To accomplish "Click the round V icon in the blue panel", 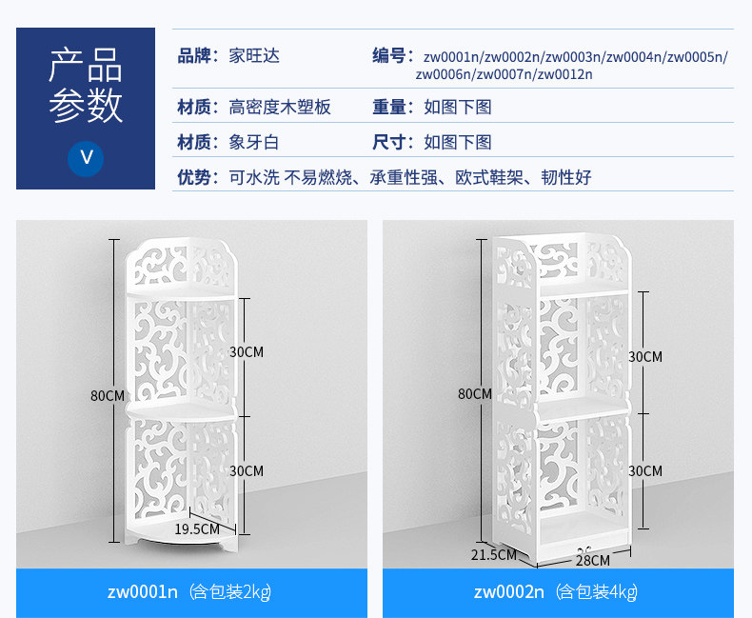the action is tap(86, 158).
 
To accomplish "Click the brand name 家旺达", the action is tap(254, 56).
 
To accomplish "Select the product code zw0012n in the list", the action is tap(565, 74).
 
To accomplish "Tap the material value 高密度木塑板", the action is tap(280, 107).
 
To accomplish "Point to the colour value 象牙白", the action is tap(254, 142).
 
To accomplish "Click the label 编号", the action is tap(389, 55).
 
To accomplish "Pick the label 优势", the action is tap(194, 177).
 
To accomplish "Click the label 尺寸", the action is tap(389, 142).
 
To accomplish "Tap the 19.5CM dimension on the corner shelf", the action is tap(197, 528).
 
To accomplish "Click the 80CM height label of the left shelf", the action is tap(108, 396).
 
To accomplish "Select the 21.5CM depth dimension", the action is tap(493, 554).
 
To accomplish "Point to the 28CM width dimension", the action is tap(593, 560).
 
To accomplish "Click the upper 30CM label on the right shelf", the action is tap(645, 356).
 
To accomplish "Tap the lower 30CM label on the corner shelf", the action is tap(247, 470).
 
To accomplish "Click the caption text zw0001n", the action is tap(143, 591).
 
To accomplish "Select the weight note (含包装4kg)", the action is tap(597, 592).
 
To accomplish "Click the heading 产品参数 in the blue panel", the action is tap(86, 86).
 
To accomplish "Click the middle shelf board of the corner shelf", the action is tap(182, 411).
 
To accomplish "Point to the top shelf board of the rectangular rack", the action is tap(584, 289).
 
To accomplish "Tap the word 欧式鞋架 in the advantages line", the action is tap(488, 177).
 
